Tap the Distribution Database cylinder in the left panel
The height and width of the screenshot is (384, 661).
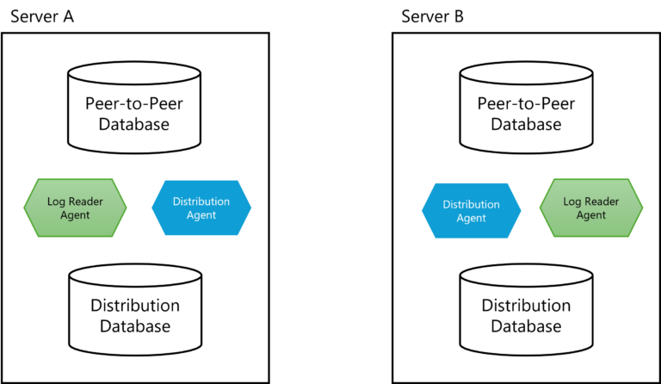pos(135,314)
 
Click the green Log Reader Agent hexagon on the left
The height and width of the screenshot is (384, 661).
pos(75,207)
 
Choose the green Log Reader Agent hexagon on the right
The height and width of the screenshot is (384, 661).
pos(591,207)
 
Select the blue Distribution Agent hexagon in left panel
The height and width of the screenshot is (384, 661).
pos(201,208)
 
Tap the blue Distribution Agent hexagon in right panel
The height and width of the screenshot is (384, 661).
pos(472,211)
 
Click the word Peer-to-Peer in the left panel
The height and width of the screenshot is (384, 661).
pos(135,103)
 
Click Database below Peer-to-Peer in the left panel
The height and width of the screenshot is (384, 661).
pos(135,125)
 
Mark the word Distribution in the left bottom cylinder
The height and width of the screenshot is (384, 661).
pos(135,306)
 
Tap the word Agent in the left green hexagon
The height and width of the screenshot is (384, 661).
pos(75,215)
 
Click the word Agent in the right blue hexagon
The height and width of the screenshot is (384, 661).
pos(472,219)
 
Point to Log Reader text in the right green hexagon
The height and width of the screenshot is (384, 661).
pos(591,201)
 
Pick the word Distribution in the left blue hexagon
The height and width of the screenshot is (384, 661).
pos(201,201)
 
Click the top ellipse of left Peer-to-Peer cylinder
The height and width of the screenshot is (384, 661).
pos(135,75)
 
